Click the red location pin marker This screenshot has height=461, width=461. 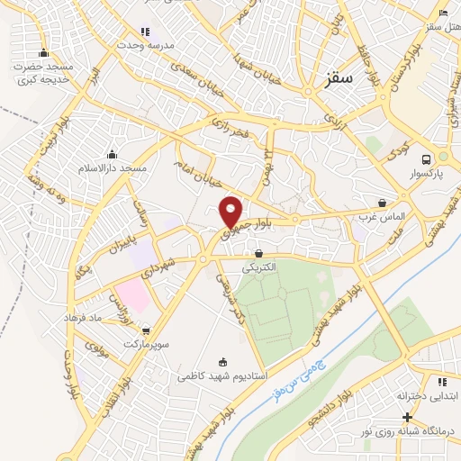[x=231, y=212]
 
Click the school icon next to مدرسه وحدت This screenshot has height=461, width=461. [x=145, y=32]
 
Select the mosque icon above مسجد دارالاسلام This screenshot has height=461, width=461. [x=112, y=154]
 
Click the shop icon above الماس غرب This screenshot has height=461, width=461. [x=383, y=203]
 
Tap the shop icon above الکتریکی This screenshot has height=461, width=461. [x=259, y=254]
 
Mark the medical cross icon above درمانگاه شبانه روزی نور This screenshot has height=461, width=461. [x=408, y=417]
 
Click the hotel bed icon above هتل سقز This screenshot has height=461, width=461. [x=442, y=13]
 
